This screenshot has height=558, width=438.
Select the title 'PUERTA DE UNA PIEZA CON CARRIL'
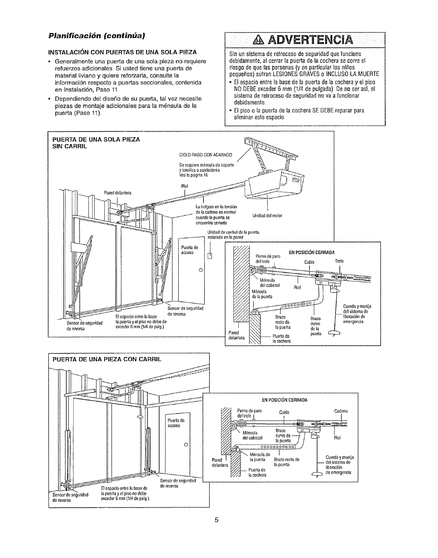pos(107,360)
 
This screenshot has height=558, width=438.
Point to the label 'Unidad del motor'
pos(268,216)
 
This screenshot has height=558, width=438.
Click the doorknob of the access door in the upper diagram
pos(200,270)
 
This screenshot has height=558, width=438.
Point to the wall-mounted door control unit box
pos(210,256)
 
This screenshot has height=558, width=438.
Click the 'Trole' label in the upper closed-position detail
pos(339,261)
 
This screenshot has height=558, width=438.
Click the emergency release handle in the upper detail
pos(332,333)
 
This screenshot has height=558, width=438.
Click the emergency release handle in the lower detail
pos(318,474)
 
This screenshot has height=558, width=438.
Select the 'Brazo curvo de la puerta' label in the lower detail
pos(283,435)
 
